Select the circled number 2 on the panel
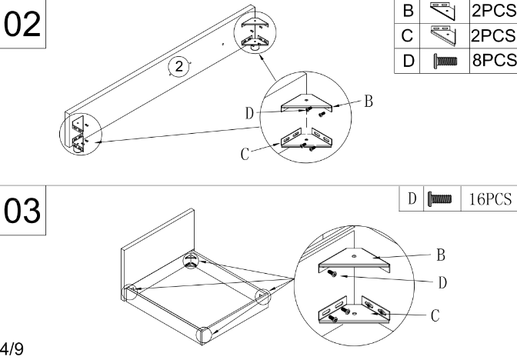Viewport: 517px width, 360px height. click(x=178, y=67)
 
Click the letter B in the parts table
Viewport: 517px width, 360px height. click(x=406, y=11)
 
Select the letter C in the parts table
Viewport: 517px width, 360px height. click(x=406, y=35)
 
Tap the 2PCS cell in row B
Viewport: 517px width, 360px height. click(x=493, y=11)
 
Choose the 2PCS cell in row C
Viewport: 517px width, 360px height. click(x=493, y=35)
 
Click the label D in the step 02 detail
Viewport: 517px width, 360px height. click(x=249, y=114)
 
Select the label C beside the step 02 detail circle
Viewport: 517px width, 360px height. click(x=245, y=154)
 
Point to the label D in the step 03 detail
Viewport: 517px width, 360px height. click(x=442, y=282)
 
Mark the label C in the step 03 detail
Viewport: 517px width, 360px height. click(x=435, y=315)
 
